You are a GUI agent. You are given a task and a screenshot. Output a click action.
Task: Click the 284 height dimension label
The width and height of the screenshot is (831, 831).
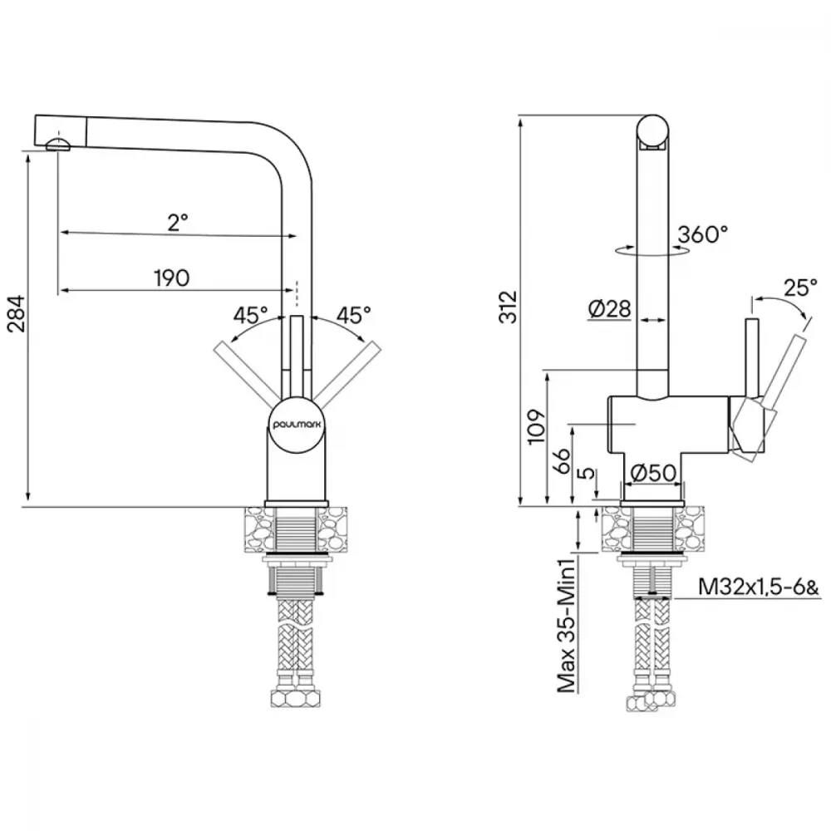click(17, 313)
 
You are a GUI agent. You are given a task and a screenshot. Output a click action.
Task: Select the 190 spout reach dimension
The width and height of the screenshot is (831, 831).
click(172, 278)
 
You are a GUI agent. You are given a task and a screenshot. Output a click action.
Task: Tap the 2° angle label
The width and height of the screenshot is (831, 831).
click(178, 222)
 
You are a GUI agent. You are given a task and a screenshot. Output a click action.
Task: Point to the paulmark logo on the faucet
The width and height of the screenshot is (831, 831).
click(297, 425)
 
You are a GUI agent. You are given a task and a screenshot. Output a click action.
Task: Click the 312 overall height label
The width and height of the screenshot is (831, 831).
click(509, 307)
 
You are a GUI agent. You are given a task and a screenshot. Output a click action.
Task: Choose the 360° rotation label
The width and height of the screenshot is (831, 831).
click(703, 234)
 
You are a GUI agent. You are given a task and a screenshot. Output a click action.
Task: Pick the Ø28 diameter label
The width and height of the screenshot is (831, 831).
click(609, 308)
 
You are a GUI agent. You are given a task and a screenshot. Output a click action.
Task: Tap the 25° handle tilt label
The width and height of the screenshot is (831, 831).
click(800, 288)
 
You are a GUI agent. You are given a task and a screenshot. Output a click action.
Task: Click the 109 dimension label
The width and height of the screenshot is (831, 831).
click(537, 426)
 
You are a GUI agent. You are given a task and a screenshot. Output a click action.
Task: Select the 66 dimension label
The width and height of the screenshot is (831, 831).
click(562, 461)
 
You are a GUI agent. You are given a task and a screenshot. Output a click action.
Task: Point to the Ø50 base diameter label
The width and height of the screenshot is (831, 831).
click(652, 473)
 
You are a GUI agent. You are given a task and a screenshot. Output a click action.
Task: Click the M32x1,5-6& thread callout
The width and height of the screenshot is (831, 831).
click(759, 587)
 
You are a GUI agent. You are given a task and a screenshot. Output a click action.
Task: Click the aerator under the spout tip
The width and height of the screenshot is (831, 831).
click(58, 144)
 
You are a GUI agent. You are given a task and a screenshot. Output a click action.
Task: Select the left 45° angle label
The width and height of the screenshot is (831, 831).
click(251, 315)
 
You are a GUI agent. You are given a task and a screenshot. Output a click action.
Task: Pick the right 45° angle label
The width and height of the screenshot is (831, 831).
click(353, 315)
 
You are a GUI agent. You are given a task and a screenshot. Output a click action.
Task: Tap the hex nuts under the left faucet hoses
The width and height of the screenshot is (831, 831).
click(297, 699)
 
